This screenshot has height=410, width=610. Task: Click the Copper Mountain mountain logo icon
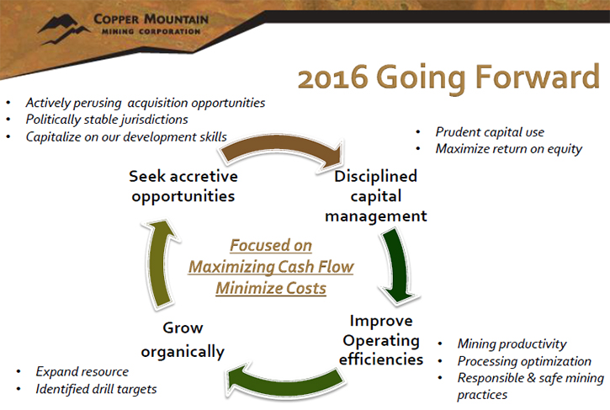click(x=63, y=28)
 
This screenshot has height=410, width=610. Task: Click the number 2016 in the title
click(x=333, y=77)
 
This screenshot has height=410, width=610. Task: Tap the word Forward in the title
click(x=538, y=77)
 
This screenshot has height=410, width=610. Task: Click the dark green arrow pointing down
click(x=400, y=264)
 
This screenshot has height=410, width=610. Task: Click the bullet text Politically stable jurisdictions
click(x=107, y=120)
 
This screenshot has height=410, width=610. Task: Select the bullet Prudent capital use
click(x=490, y=132)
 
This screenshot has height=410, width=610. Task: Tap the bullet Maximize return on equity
click(x=509, y=149)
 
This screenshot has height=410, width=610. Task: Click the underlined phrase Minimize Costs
click(x=271, y=288)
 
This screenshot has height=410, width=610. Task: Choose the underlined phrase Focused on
click(x=271, y=246)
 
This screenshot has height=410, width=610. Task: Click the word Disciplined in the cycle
click(x=376, y=177)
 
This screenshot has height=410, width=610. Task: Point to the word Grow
click(x=183, y=327)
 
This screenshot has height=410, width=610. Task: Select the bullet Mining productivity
click(x=512, y=343)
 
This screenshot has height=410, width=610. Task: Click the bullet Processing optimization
click(x=524, y=361)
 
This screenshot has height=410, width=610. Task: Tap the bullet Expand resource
click(x=82, y=372)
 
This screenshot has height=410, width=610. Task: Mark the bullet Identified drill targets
click(x=96, y=389)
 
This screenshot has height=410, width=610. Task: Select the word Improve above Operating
click(x=381, y=321)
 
